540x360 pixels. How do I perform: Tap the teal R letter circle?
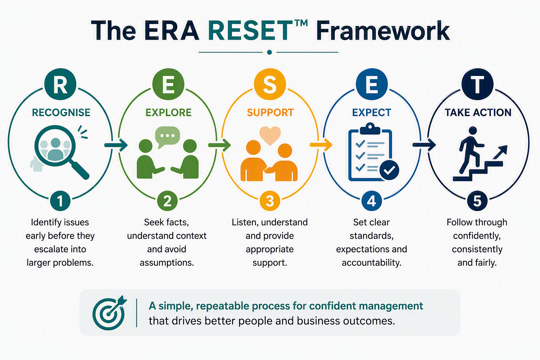click(x=60, y=84)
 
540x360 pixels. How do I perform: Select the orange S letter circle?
click(x=270, y=84)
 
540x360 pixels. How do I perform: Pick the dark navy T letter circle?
click(x=477, y=84)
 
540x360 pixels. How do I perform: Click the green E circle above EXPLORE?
click(x=168, y=84)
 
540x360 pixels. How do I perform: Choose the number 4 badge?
click(x=372, y=201)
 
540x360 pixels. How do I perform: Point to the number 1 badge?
click(x=60, y=201)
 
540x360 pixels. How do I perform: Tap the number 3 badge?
click(x=270, y=201)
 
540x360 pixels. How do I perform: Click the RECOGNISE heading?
click(x=61, y=112)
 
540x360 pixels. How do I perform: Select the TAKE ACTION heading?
click(x=478, y=112)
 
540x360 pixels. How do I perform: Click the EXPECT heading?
click(x=372, y=112)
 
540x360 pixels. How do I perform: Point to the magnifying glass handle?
click(x=80, y=170)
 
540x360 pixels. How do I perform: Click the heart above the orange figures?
click(x=270, y=135)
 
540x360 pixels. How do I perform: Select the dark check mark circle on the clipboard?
click(x=389, y=170)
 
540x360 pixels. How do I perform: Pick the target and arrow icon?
click(x=110, y=313)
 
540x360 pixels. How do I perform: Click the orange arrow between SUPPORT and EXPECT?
click(x=321, y=145)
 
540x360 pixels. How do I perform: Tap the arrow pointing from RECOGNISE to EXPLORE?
click(x=116, y=145)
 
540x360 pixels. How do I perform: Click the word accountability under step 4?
click(x=372, y=263)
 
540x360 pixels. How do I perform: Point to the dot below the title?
click(x=270, y=52)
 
